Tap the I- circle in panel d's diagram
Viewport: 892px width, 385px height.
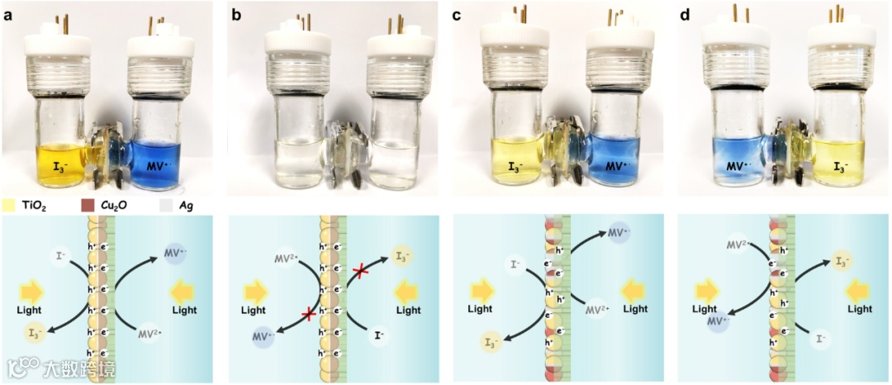pos(820,339)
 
